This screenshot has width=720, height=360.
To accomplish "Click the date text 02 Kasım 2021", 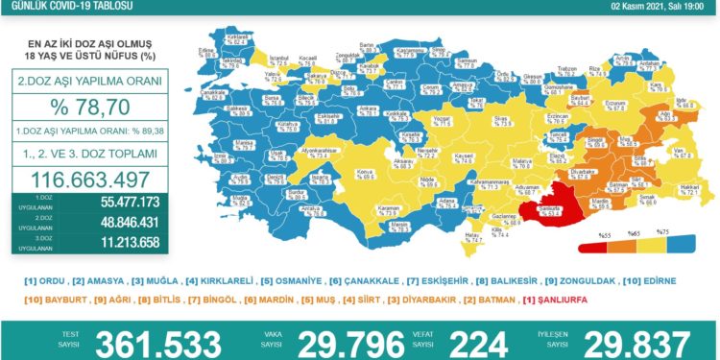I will (645, 7).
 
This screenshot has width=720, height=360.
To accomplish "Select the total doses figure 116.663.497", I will (88, 179).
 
